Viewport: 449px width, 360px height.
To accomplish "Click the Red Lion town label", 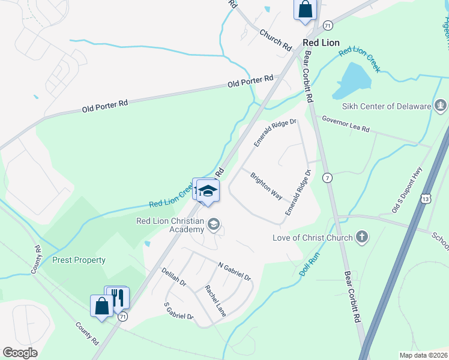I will (321, 43).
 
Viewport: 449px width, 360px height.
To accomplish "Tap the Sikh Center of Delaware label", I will (387, 106).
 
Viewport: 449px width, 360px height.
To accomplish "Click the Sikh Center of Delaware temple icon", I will (441, 106).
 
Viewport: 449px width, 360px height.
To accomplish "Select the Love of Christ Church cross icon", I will (361, 237).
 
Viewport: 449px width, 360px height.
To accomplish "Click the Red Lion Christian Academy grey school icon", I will (213, 225).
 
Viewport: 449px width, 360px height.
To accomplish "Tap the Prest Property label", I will (79, 260).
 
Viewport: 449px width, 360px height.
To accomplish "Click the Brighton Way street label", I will (267, 187).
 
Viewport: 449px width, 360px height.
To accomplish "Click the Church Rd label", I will (275, 39).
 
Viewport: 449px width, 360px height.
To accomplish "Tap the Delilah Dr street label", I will (174, 280).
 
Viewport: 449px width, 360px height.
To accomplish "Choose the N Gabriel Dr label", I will (234, 272).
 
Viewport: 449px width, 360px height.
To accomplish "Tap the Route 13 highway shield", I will (425, 198).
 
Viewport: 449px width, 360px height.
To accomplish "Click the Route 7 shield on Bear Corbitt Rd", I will (327, 178).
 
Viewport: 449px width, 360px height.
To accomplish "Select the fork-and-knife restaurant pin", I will (117, 297).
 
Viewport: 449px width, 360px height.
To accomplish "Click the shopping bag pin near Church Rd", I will (305, 10).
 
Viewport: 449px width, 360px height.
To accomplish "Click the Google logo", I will (20, 353).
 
